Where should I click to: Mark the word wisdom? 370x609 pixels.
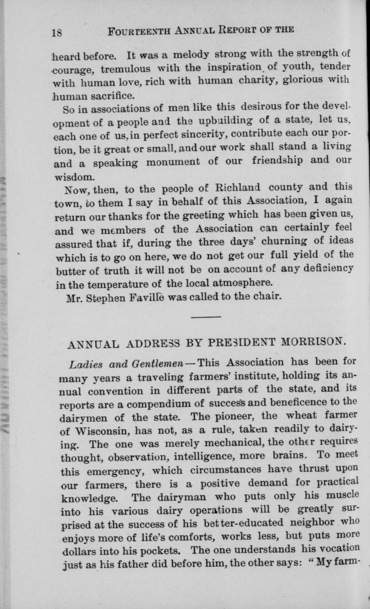point(74,177)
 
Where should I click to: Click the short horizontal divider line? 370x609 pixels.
point(206,317)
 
